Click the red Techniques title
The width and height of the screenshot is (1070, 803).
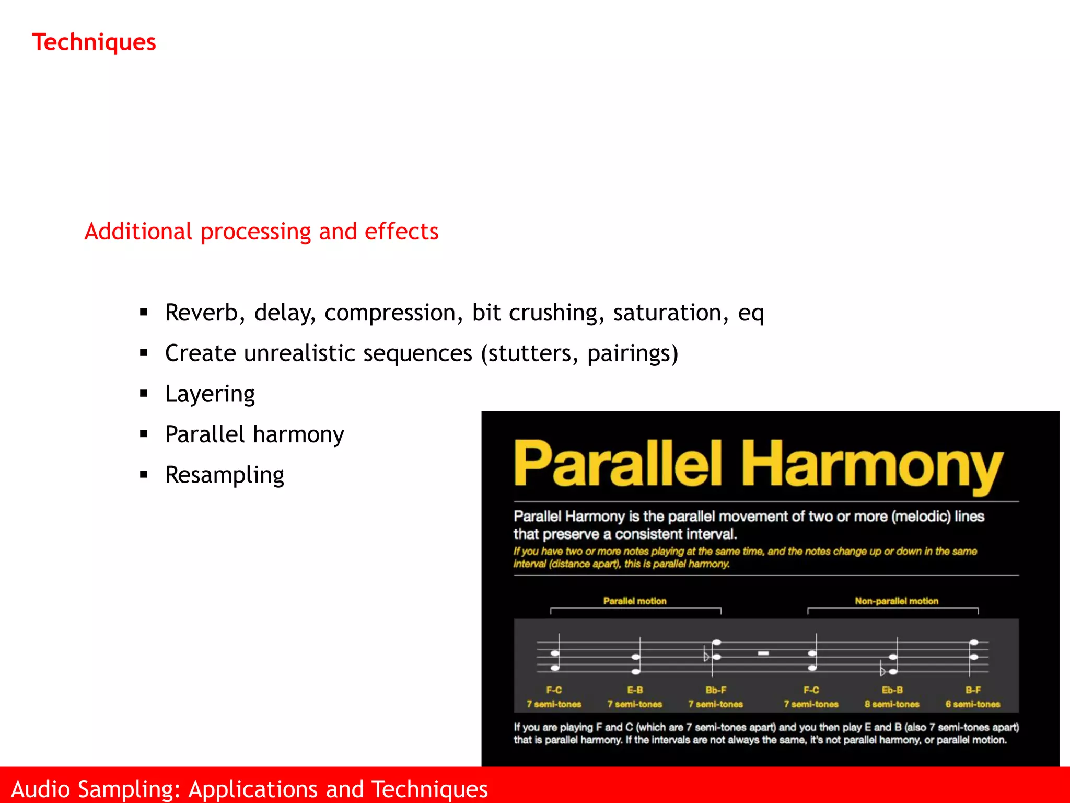pyautogui.click(x=94, y=42)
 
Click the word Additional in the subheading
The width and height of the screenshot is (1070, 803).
pyautogui.click(x=138, y=231)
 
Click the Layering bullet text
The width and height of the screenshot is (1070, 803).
pyautogui.click(x=210, y=394)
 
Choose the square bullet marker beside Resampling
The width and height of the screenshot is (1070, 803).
pyautogui.click(x=144, y=475)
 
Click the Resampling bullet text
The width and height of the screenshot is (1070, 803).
pyautogui.click(x=225, y=475)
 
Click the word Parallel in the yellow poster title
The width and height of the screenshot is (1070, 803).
pyautogui.click(x=618, y=463)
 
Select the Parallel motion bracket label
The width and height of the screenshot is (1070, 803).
pyautogui.click(x=635, y=601)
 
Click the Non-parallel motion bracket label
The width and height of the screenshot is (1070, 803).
pyautogui.click(x=897, y=601)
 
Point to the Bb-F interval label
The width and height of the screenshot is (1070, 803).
pyautogui.click(x=716, y=690)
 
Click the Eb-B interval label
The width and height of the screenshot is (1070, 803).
pyautogui.click(x=892, y=690)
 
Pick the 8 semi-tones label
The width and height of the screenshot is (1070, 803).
pyautogui.click(x=892, y=704)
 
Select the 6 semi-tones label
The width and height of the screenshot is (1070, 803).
pyautogui.click(x=973, y=704)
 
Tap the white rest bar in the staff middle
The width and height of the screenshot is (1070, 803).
pyautogui.click(x=764, y=653)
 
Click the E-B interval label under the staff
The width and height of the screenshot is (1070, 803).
pyautogui.click(x=635, y=690)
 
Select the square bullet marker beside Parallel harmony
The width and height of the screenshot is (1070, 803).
pyautogui.click(x=144, y=434)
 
